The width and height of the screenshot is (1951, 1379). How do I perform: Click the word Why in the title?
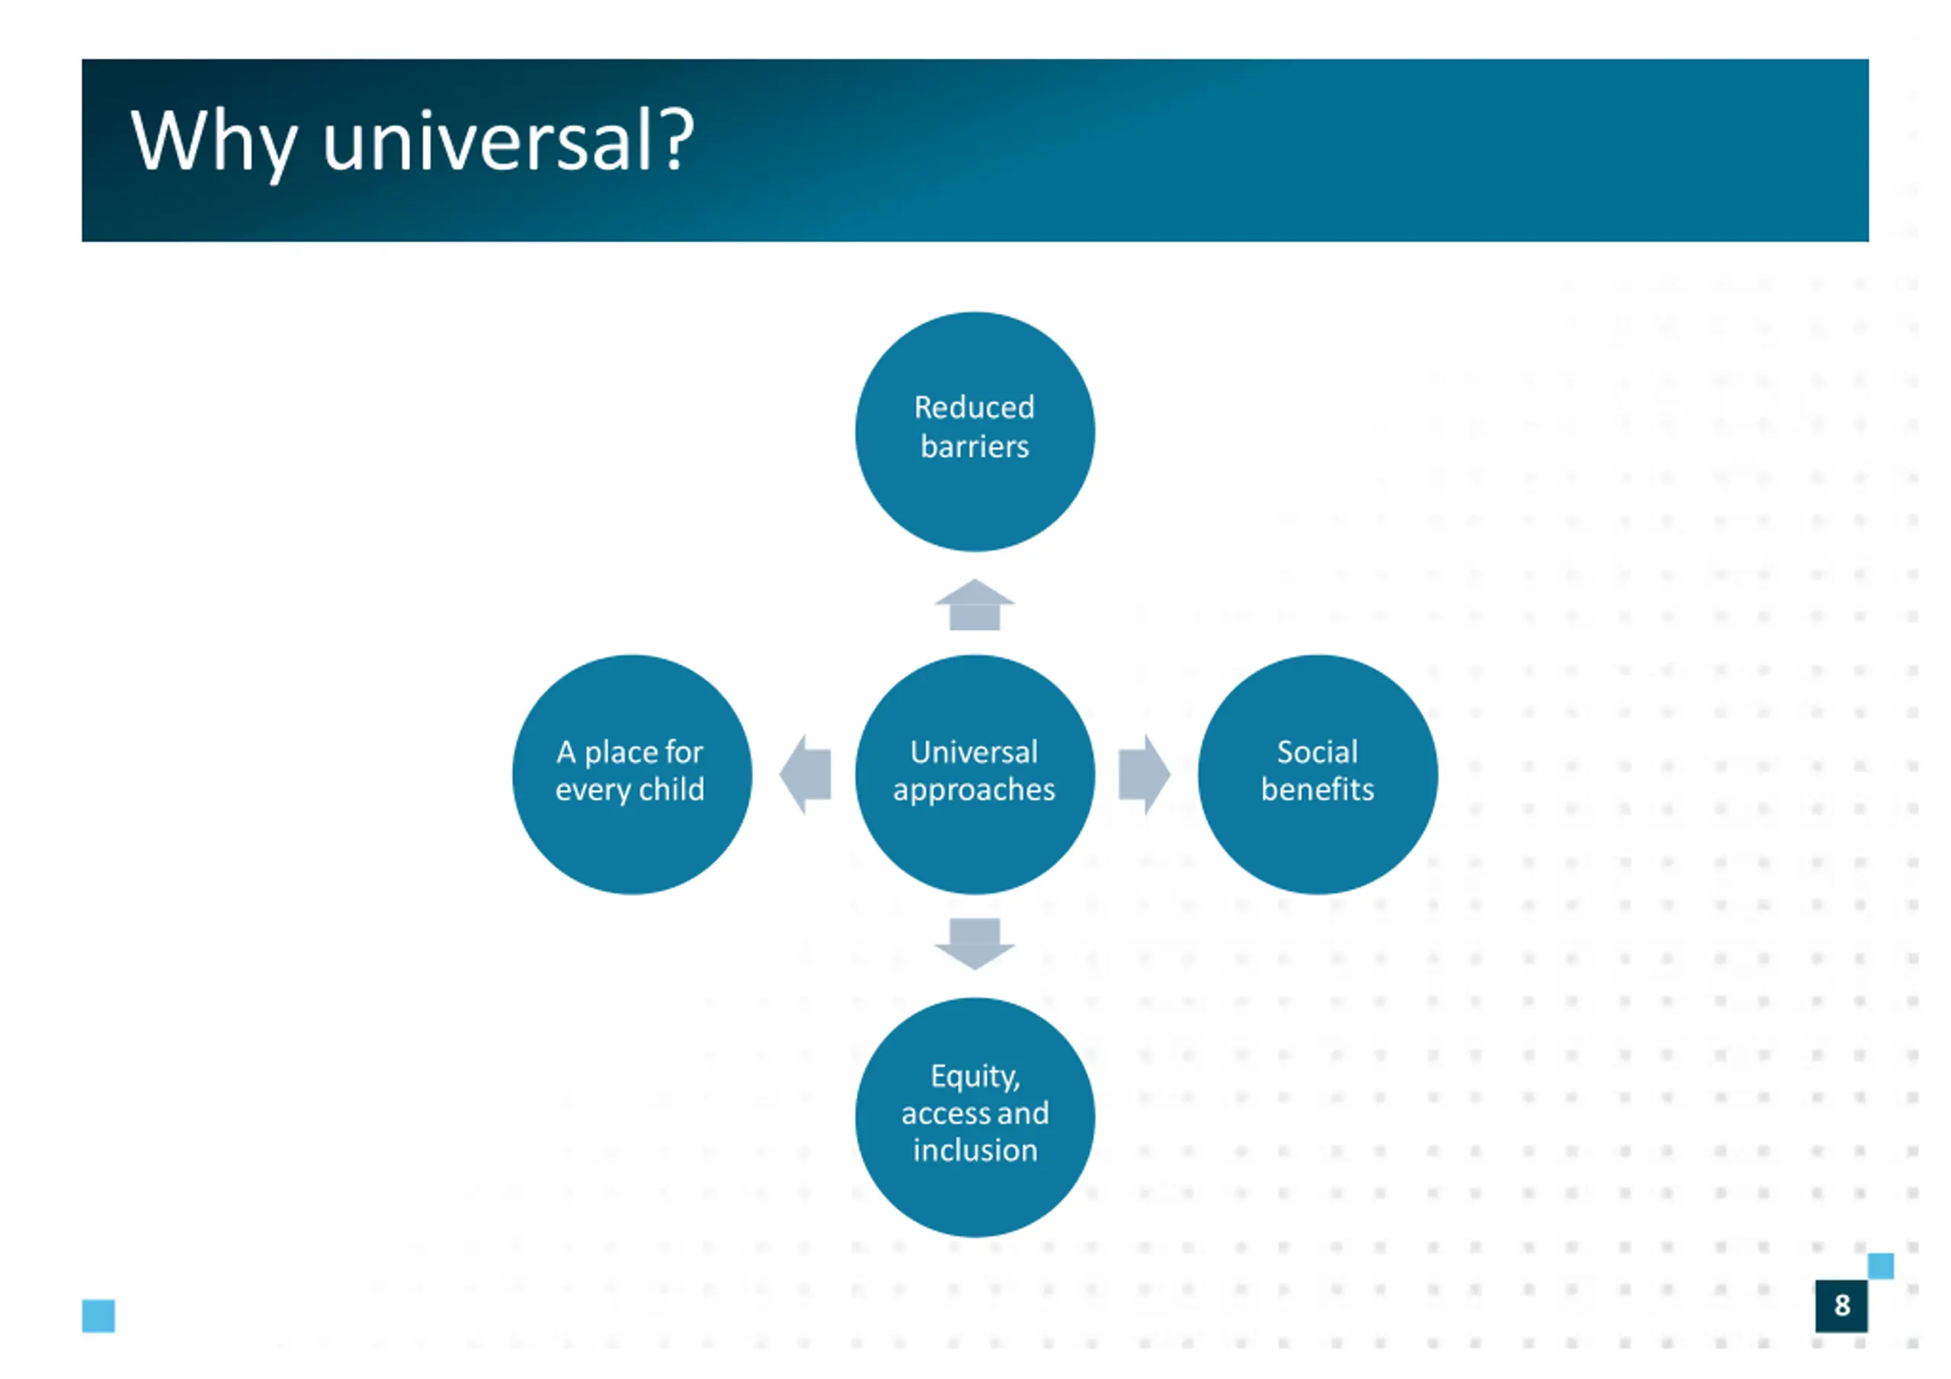(x=213, y=142)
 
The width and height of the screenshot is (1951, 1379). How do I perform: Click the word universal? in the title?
(x=508, y=142)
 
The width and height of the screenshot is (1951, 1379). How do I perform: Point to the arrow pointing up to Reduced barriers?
(x=975, y=605)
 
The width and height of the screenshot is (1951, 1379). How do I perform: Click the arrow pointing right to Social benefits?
(x=1144, y=774)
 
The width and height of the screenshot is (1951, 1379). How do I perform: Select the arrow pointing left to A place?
(x=806, y=774)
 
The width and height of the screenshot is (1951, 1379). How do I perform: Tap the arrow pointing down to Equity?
(x=975, y=943)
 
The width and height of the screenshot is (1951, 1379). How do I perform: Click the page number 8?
(x=1841, y=1305)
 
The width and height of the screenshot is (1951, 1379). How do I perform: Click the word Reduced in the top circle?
(x=974, y=408)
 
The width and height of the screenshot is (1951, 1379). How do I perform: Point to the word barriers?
(x=975, y=447)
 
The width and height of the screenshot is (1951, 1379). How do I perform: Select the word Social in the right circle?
(x=1317, y=752)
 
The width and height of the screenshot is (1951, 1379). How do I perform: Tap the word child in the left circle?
(x=671, y=789)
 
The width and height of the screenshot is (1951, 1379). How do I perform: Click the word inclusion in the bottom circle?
(x=975, y=1150)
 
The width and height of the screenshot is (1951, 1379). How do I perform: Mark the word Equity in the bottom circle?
(x=974, y=1077)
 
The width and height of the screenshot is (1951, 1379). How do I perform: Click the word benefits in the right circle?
(x=1317, y=789)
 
